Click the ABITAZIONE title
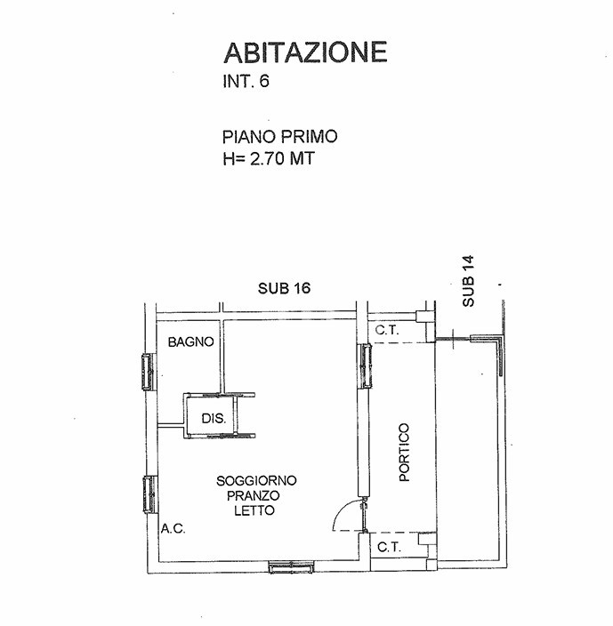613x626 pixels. (x=305, y=52)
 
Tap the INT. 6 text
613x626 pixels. (x=246, y=81)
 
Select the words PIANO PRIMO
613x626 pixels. (x=280, y=137)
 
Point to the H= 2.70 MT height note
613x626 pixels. (x=269, y=158)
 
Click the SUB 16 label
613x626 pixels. (x=285, y=288)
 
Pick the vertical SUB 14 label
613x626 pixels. (x=468, y=281)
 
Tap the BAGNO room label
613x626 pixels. (x=191, y=341)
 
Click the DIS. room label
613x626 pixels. (x=214, y=419)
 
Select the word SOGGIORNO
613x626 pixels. (x=256, y=480)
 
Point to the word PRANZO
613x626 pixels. (x=254, y=495)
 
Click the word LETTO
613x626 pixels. (x=254, y=510)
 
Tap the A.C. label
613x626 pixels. (x=173, y=528)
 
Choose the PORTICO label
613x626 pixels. (x=405, y=453)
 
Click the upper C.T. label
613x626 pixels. (x=387, y=330)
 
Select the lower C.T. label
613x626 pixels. (x=390, y=547)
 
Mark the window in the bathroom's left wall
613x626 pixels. (x=148, y=372)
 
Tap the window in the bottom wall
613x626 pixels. (x=292, y=567)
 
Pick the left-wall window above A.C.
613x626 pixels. (x=149, y=494)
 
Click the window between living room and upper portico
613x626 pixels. (x=367, y=365)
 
